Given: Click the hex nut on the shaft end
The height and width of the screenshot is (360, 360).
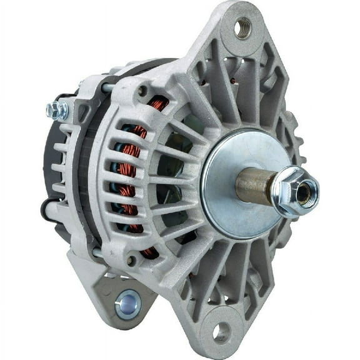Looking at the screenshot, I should (x=294, y=191).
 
